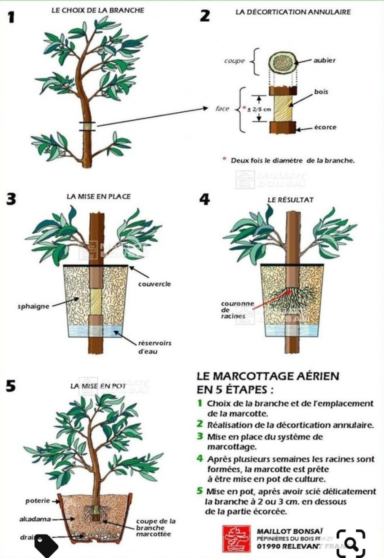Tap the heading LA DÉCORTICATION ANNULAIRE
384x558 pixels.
click(293, 12)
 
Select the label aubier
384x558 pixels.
click(325, 60)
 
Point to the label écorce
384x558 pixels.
click(325, 127)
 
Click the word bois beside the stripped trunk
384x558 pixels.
click(321, 92)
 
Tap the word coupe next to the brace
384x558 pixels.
click(234, 61)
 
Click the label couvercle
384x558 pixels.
click(154, 284)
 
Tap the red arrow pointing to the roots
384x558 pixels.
click(270, 300)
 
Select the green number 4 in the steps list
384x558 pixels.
click(200, 458)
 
